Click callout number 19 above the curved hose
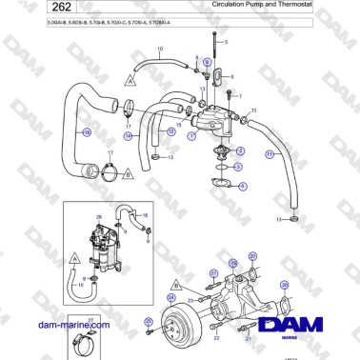click(x=159, y=49)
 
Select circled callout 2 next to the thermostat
click(x=240, y=150)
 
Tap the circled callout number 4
click(x=242, y=186)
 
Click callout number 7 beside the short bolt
click(x=240, y=97)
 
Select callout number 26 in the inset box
click(x=98, y=217)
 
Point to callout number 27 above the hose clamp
click(x=90, y=320)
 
